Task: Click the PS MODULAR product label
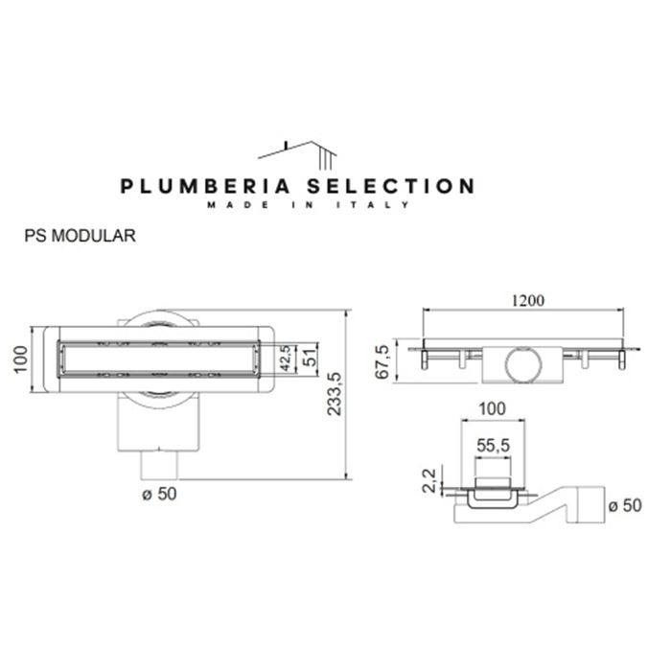(x=80, y=233)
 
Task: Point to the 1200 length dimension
(x=526, y=300)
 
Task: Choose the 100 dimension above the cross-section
(x=492, y=408)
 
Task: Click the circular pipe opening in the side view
(x=523, y=363)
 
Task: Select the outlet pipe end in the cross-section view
(x=592, y=505)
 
